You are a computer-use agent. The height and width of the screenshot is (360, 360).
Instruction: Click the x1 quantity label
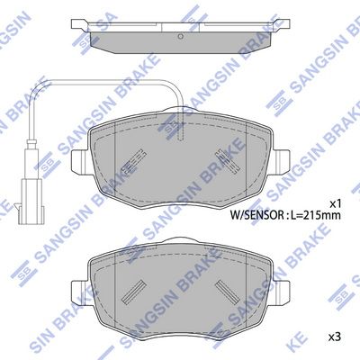tap(336, 204)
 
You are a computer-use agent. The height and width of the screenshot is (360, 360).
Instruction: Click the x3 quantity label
tap(336, 337)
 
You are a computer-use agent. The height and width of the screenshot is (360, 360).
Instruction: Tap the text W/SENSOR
tap(256, 215)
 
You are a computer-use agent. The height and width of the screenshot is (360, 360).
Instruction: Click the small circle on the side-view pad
tap(180, 36)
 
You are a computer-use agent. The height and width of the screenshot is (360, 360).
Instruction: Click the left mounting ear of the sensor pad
tap(80, 161)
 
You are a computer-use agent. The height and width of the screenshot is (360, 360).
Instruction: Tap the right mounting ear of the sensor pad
tap(281, 161)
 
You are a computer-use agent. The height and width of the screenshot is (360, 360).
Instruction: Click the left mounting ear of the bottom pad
tap(80, 292)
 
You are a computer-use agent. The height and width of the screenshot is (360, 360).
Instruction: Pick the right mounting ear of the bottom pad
tap(281, 292)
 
